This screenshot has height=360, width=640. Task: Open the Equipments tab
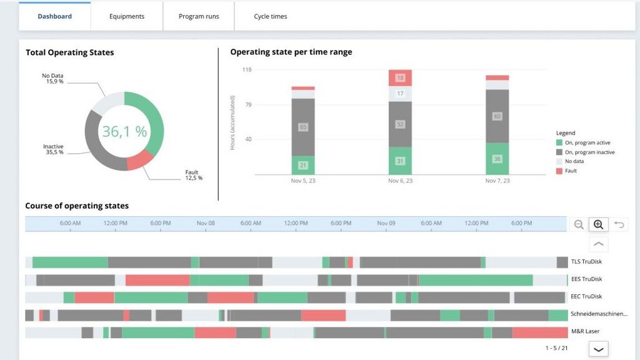(x=126, y=16)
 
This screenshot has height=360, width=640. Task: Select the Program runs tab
(x=199, y=16)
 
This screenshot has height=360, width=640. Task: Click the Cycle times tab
(x=270, y=16)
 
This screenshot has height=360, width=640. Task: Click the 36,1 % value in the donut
(x=124, y=131)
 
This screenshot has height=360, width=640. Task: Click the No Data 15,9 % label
(x=52, y=78)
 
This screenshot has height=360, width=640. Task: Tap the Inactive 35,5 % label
(x=54, y=149)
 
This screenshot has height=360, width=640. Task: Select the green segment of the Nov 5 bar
(x=303, y=165)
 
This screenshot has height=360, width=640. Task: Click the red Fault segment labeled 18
(x=400, y=78)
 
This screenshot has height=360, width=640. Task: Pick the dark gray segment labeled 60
(x=497, y=116)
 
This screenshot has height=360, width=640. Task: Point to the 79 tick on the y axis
(x=248, y=104)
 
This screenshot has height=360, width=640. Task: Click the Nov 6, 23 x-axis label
(x=400, y=181)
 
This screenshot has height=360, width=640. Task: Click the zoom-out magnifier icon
(x=578, y=224)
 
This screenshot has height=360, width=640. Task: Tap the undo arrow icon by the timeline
(x=619, y=224)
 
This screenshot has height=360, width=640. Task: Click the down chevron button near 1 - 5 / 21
(x=598, y=349)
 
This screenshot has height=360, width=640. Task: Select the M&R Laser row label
(x=585, y=331)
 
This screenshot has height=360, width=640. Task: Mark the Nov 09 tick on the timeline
(x=386, y=223)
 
